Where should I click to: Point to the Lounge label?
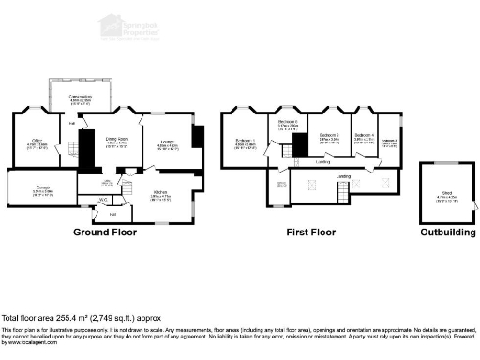pos(167,142)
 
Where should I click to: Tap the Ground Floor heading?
pos(105,231)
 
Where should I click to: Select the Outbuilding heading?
pos(446,231)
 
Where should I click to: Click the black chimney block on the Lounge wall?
pos(196,135)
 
